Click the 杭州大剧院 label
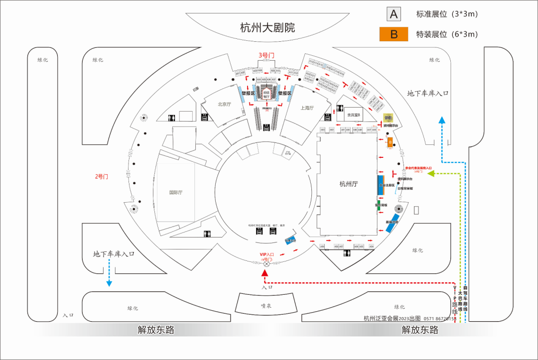click(x=268, y=27)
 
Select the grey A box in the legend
click(x=394, y=14)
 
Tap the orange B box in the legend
click(x=394, y=34)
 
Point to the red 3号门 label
click(x=266, y=55)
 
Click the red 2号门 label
click(x=102, y=176)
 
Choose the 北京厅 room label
click(x=225, y=105)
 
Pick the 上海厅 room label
click(x=307, y=108)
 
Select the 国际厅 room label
click(x=176, y=193)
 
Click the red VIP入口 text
click(x=267, y=254)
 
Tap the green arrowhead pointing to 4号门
click(x=431, y=173)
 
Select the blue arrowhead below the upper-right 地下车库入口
click(x=441, y=120)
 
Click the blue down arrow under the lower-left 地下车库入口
click(x=109, y=283)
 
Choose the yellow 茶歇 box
click(x=388, y=118)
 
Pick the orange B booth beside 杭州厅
click(x=391, y=142)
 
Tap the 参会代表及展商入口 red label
click(x=418, y=168)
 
